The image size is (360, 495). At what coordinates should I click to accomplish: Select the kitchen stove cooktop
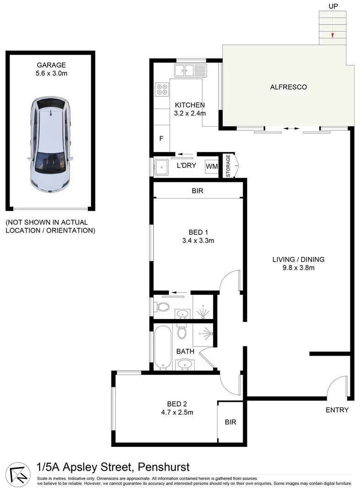161,89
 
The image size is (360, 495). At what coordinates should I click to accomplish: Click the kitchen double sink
191,70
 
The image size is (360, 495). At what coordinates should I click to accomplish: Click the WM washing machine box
212,166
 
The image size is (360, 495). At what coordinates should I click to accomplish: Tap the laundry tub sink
162,167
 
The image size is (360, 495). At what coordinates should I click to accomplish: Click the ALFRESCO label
289,87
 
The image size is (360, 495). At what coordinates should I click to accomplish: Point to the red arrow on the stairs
333,35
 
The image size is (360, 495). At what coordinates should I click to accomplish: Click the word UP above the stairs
333,6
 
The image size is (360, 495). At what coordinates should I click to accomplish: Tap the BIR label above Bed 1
197,191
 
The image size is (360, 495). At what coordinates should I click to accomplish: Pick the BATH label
185,352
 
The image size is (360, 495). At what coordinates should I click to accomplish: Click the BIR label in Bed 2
231,422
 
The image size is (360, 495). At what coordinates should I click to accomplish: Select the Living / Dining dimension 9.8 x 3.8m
298,268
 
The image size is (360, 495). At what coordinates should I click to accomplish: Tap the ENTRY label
337,410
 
